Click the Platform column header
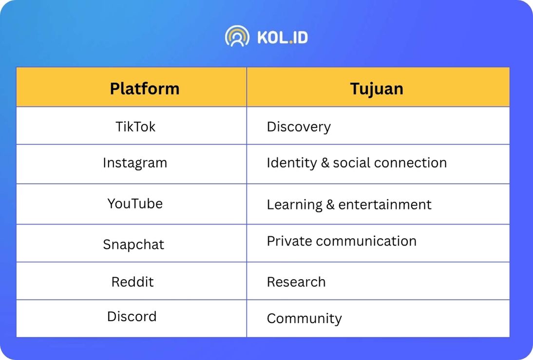[x=145, y=89]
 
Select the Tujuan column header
[x=377, y=89]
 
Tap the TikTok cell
[x=135, y=127]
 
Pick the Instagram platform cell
[x=135, y=163]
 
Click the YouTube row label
[x=135, y=204]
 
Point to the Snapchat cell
[x=133, y=245]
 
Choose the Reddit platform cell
[x=133, y=282]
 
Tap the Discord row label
[x=132, y=317]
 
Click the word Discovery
[x=299, y=127]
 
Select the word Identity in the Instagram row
[x=292, y=163]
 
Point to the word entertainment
[x=385, y=205]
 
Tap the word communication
[x=366, y=241]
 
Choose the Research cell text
[x=296, y=282]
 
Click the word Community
[x=304, y=319]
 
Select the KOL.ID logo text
[x=283, y=38]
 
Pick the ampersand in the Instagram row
[x=325, y=163]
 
